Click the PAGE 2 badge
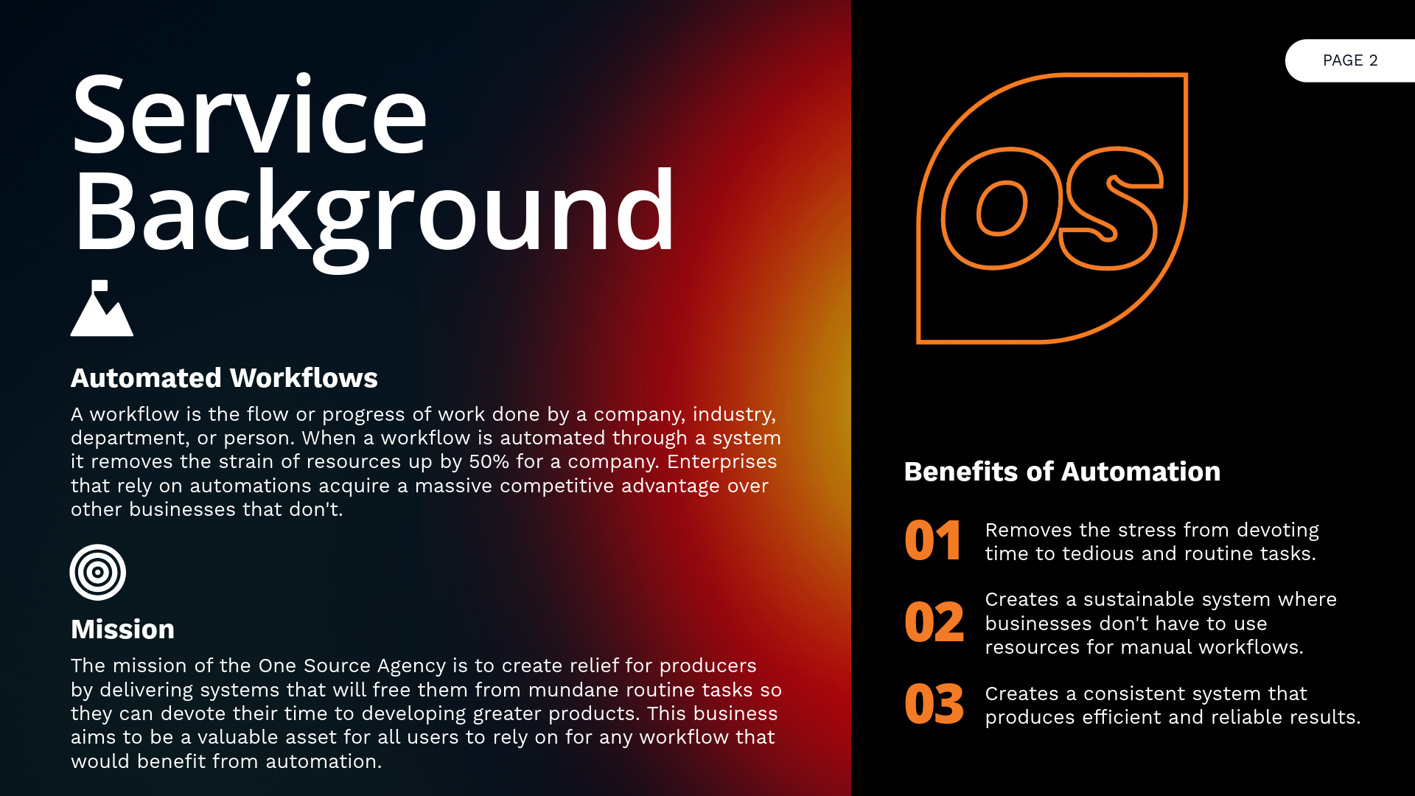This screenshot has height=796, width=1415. click(x=1350, y=60)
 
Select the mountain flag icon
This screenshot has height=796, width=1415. click(x=102, y=308)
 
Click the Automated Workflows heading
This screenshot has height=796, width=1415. click(x=224, y=378)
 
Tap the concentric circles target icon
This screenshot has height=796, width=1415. click(x=98, y=573)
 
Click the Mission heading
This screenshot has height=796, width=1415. click(x=122, y=629)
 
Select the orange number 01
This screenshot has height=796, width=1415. click(x=933, y=541)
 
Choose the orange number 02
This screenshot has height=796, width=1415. click(x=934, y=622)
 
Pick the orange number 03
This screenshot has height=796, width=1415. click(x=934, y=704)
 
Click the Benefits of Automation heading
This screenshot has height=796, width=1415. click(x=1062, y=472)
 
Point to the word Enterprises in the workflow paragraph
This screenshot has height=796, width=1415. click(x=722, y=461)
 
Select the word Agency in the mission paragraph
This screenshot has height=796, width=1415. click(x=411, y=666)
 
